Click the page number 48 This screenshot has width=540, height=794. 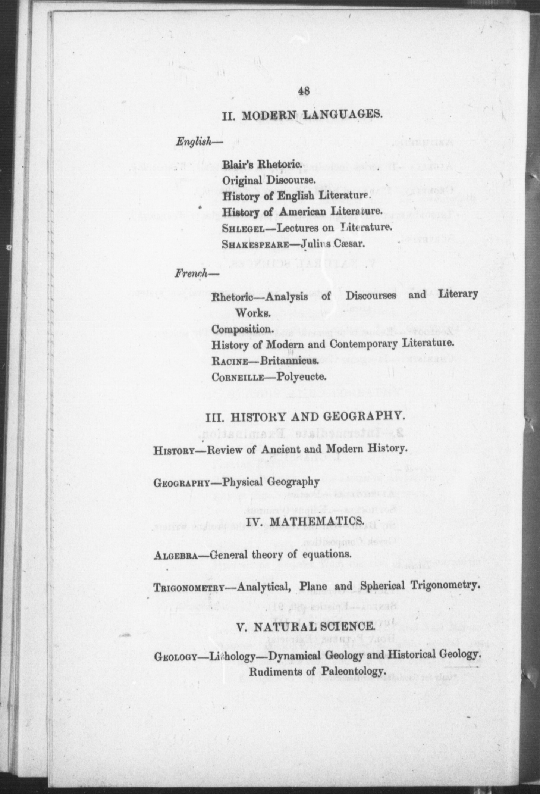click(x=304, y=91)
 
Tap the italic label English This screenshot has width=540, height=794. click(x=194, y=142)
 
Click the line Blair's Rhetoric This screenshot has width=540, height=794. click(x=261, y=165)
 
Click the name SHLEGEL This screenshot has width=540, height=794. click(x=244, y=228)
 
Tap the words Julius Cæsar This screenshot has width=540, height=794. click(x=333, y=244)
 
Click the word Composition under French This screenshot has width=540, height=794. click(x=243, y=329)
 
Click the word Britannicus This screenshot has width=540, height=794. click(x=289, y=361)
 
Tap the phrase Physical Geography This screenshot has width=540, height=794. click(x=271, y=482)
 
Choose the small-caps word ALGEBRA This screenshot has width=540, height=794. click(x=175, y=555)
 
